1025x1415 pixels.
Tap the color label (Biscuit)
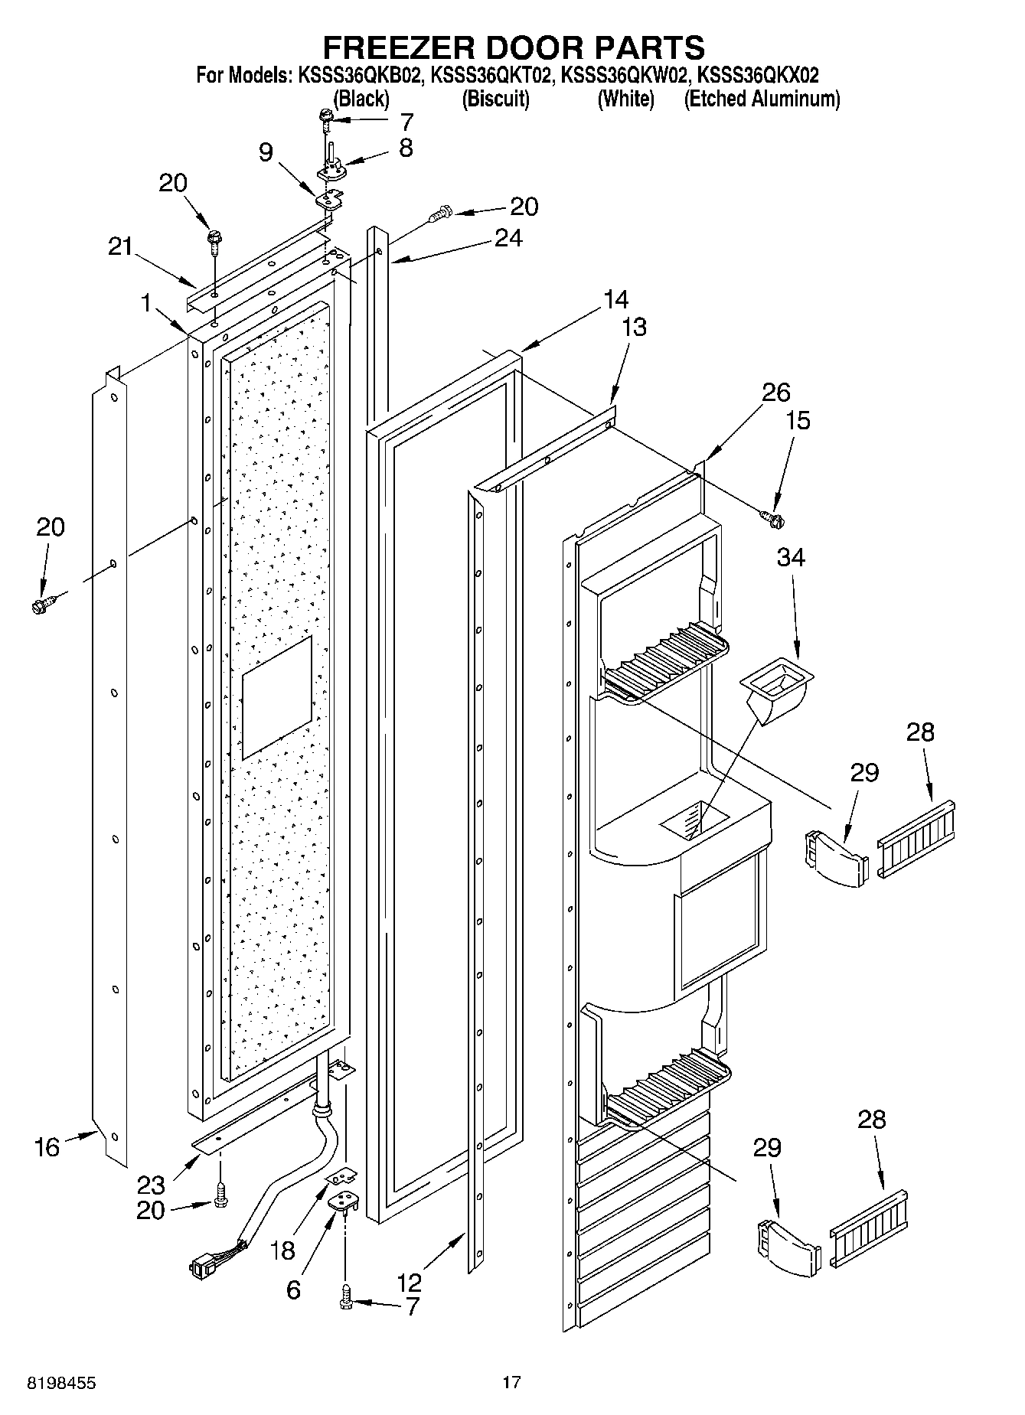[495, 99]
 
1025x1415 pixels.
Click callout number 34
[791, 557]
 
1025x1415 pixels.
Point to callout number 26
[775, 393]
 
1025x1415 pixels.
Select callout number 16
[47, 1146]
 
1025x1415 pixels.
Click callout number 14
[615, 298]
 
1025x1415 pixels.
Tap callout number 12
[410, 1281]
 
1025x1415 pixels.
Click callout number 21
[119, 246]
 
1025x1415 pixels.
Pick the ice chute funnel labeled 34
[775, 686]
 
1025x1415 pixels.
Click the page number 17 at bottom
[511, 1383]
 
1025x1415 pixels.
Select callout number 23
[151, 1185]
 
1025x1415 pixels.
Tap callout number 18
[282, 1250]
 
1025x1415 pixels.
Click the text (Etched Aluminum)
[762, 99]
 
